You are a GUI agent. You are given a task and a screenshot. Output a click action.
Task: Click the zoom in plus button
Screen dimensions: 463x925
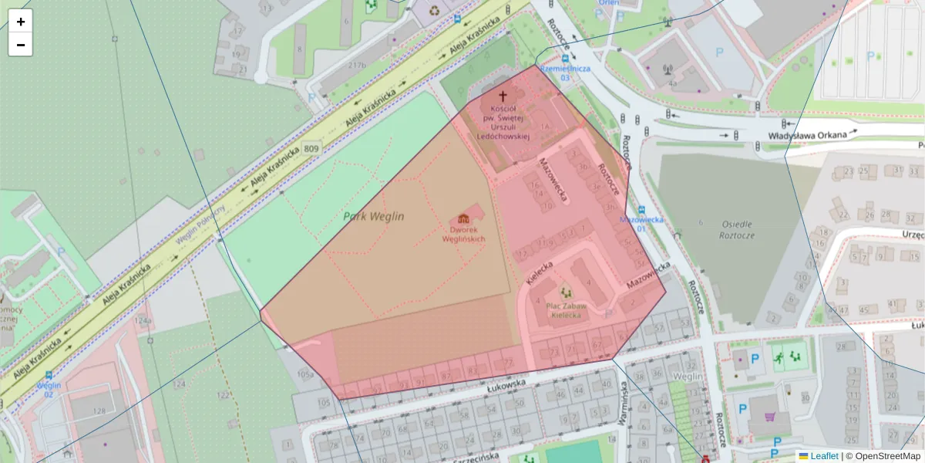click(x=21, y=22)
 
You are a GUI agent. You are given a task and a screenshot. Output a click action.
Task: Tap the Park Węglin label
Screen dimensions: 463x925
click(x=374, y=217)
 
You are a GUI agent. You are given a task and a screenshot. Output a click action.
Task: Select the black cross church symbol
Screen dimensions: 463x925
click(x=503, y=96)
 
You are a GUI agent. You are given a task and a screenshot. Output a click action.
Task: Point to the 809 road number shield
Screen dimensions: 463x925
click(x=311, y=147)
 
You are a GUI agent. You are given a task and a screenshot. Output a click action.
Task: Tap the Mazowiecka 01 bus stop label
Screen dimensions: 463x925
click(x=641, y=220)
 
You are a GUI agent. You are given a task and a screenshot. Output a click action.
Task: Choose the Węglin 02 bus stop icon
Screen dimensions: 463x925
click(x=49, y=374)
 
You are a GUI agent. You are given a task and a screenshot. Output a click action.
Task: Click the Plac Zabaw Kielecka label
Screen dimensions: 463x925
click(x=567, y=310)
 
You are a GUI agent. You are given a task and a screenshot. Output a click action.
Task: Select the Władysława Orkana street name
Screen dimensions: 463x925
click(x=807, y=135)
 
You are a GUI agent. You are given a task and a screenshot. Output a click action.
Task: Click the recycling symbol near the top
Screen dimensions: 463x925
click(x=436, y=11)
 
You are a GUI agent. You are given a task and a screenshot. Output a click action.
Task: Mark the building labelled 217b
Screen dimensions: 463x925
click(x=356, y=66)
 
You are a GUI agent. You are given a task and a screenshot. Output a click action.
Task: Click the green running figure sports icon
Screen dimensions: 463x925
click(x=779, y=357)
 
